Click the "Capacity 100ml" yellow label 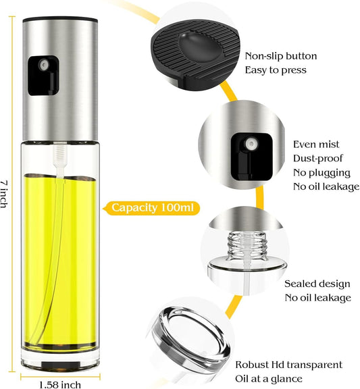coord(151,208)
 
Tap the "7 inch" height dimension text coord(4,194)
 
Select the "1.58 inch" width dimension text coord(60,384)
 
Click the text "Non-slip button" coord(281,56)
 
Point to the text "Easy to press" coord(276,70)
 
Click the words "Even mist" coord(316,145)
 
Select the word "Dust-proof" coord(318,158)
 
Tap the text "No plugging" coord(322,173)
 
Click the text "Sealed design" coord(317,284)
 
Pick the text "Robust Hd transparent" coord(289,365)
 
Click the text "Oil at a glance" coord(269,379)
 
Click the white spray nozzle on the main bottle coord(44,65)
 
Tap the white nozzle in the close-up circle coord(251,144)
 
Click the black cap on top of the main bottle coord(60,19)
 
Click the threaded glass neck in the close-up coord(247,246)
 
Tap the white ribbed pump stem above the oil coord(60,156)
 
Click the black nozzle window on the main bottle coord(43,76)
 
